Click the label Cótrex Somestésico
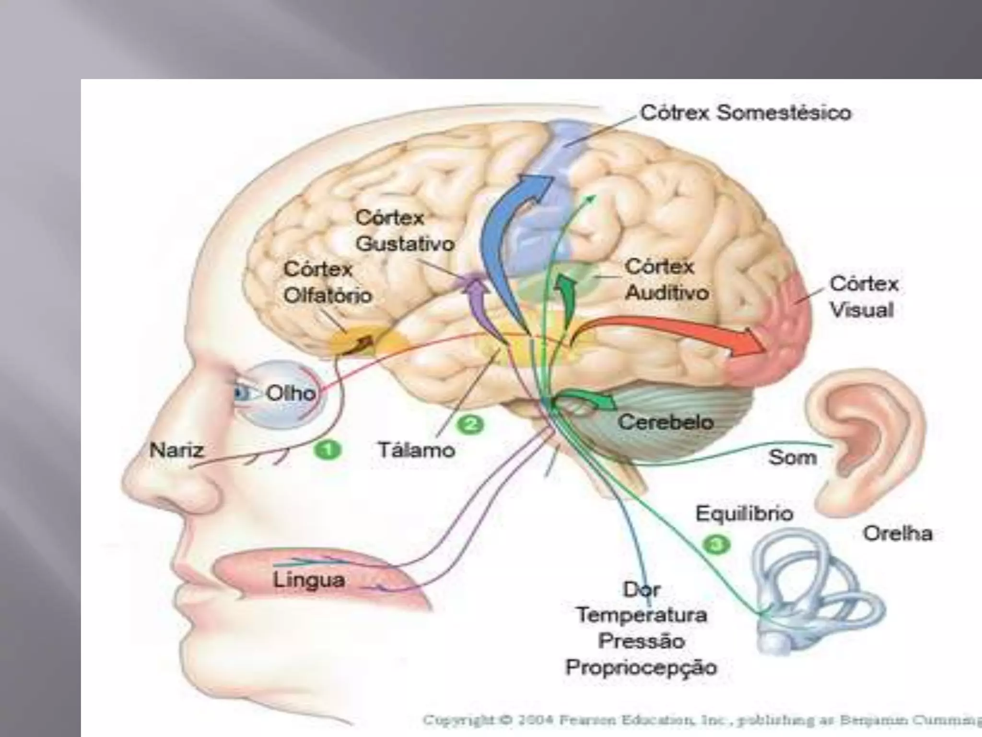[746, 114]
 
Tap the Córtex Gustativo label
[404, 231]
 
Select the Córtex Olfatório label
[327, 282]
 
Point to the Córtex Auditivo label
[667, 280]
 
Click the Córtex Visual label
[864, 297]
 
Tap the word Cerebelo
[666, 423]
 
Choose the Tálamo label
[416, 450]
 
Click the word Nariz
[176, 451]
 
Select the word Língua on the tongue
[309, 580]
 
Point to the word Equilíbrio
[744, 513]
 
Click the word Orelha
[898, 534]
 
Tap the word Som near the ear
[793, 457]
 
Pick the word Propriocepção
[641, 667]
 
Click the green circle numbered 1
[327, 451]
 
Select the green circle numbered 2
[469, 424]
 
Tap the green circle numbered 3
[716, 544]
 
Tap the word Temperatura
[642, 615]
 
